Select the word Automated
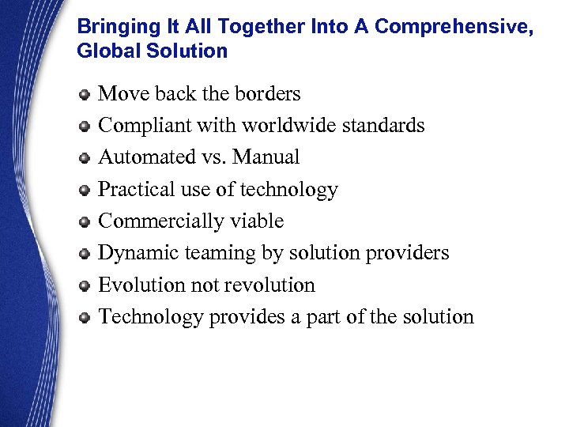click(143, 157)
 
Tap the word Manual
click(267, 157)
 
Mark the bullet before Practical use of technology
click(85, 191)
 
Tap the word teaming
click(213, 254)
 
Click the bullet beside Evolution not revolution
click(85, 286)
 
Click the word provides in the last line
click(245, 317)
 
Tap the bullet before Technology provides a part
click(85, 318)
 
